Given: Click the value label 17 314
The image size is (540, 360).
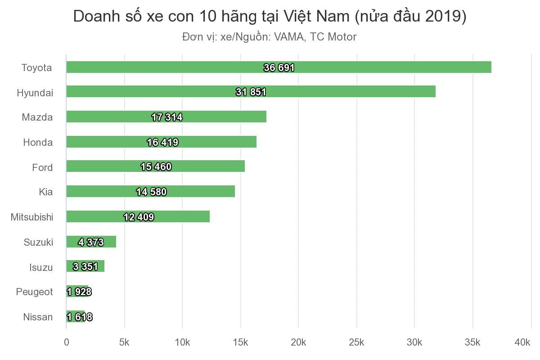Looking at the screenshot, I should [x=167, y=117].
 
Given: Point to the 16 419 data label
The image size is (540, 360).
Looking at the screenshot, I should [x=162, y=143].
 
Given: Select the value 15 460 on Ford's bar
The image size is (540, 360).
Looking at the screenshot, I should [x=156, y=167].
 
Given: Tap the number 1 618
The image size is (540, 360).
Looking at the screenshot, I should [x=80, y=317].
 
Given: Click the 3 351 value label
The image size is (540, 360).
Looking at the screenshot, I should [x=85, y=267].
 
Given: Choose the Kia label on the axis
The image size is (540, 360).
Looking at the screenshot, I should [x=45, y=192].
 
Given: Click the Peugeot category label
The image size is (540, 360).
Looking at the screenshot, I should [x=34, y=292].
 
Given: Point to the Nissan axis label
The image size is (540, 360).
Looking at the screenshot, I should [x=38, y=317].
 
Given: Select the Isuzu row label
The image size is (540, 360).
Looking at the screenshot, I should [x=41, y=268].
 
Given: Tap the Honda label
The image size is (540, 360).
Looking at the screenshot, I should [x=38, y=143].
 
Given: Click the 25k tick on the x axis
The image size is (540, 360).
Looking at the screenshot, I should [x=356, y=343].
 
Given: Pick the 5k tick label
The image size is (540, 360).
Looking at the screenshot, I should [x=124, y=343].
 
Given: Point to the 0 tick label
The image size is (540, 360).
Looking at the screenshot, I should [x=67, y=343].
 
